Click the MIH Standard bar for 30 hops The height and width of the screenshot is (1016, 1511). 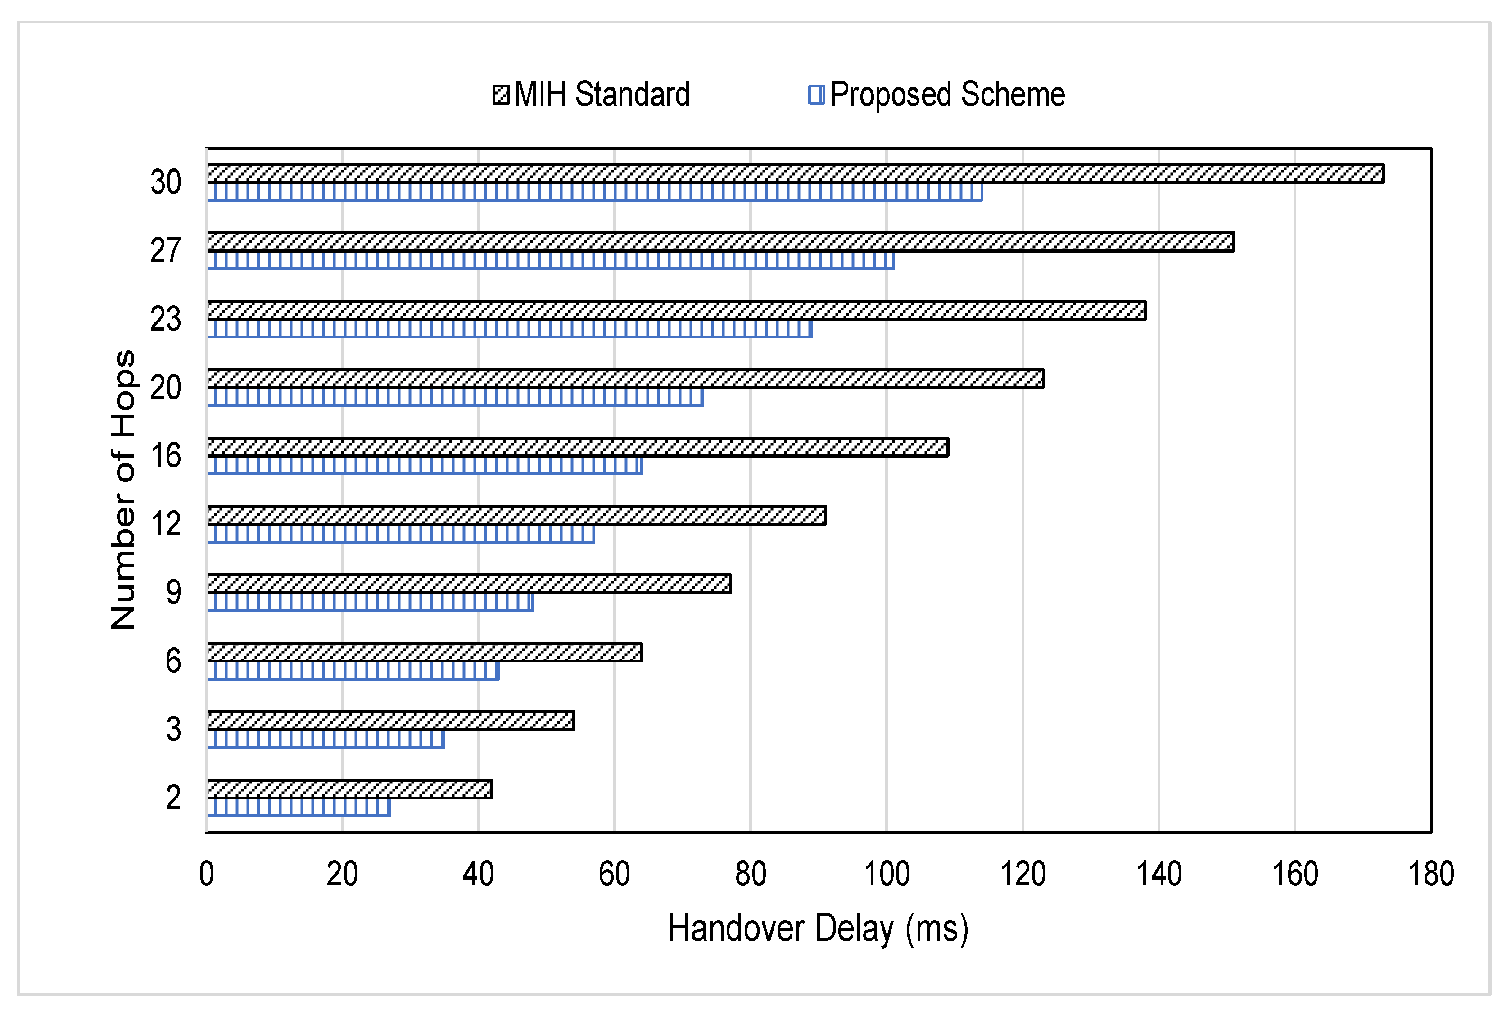pos(795,174)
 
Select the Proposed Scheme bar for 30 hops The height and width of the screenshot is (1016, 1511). pos(595,192)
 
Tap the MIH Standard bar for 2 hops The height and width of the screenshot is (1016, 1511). pos(350,789)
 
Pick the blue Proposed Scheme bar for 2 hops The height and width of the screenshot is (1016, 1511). pos(299,807)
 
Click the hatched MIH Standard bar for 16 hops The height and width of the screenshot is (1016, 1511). pos(578,447)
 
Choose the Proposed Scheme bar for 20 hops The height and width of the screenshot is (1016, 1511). pos(455,397)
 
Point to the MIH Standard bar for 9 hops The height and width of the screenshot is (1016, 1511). pos(469,584)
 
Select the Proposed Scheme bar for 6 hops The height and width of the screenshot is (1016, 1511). pos(353,671)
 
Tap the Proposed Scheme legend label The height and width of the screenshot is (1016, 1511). pos(947,95)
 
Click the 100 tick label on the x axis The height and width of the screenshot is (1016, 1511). pos(887,874)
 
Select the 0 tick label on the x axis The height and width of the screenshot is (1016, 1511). pos(207,874)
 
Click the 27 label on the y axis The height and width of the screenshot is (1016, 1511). pos(166,251)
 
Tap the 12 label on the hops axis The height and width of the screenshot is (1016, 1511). pos(166,524)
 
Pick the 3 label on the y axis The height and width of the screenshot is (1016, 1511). pos(173,730)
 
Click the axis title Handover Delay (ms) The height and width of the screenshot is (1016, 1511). pos(818,929)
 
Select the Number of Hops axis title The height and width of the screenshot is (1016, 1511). pos(123,490)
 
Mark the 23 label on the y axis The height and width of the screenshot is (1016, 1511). pos(166,319)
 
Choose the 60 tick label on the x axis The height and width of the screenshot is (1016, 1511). pos(614,874)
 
